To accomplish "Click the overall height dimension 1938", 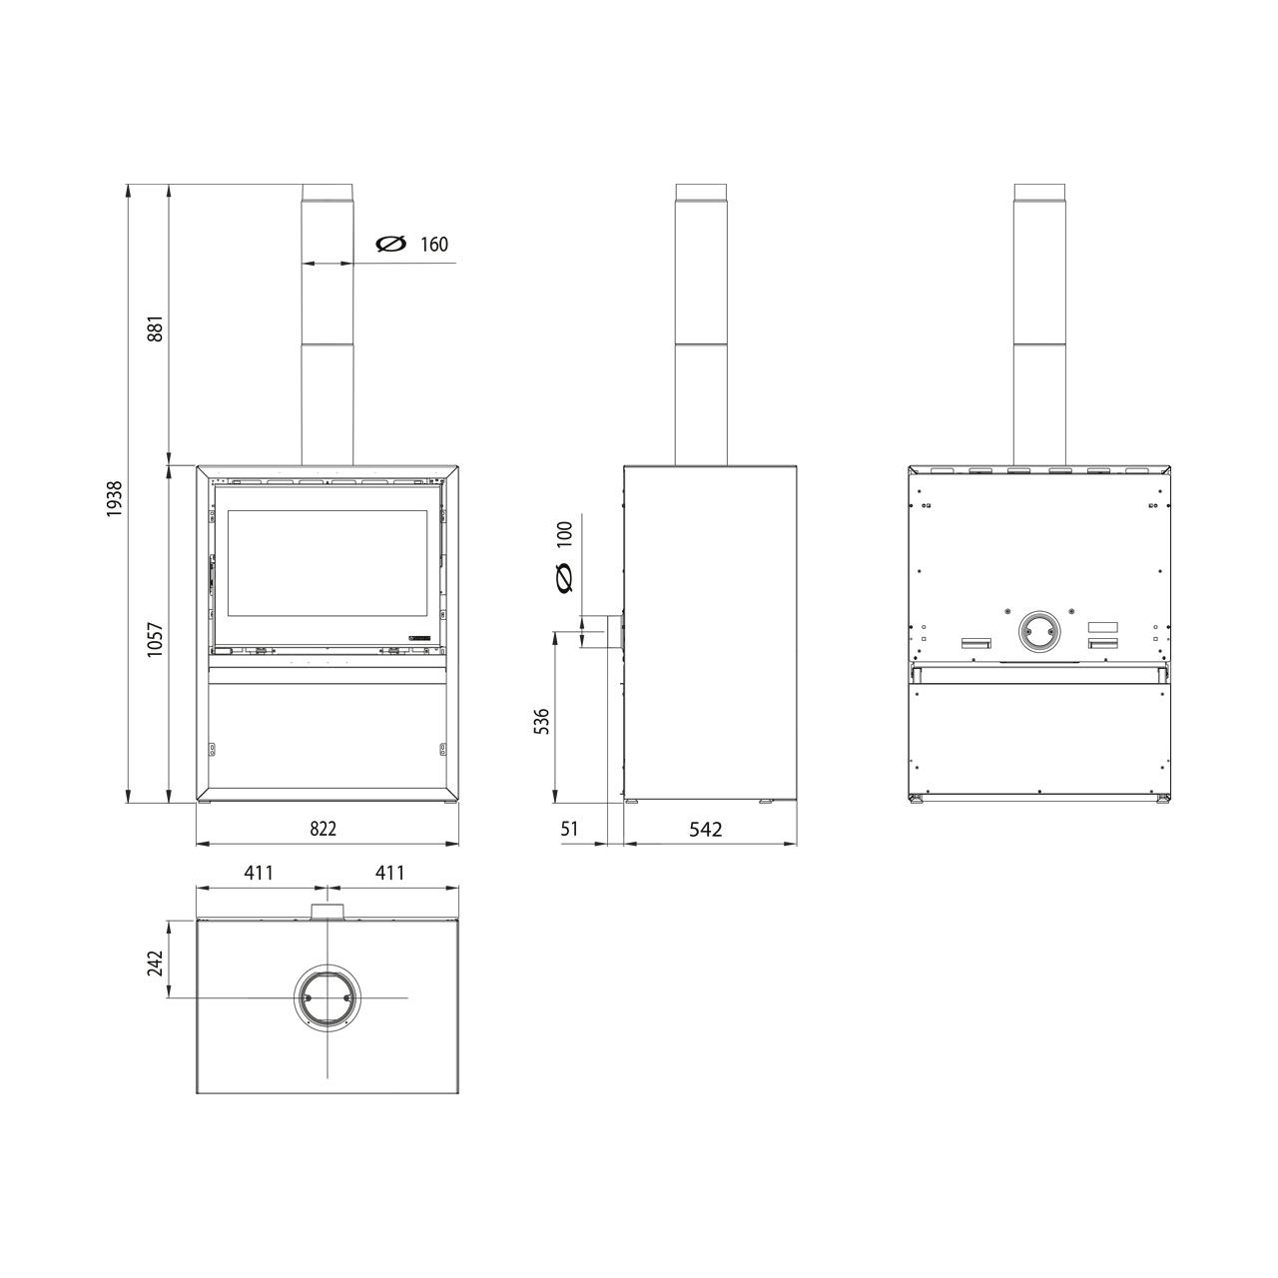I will click(x=115, y=497).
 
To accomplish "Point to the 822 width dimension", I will click(x=322, y=828).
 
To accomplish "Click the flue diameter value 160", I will click(x=434, y=245).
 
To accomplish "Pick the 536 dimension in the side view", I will click(x=540, y=722).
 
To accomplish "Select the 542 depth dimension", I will click(x=706, y=829).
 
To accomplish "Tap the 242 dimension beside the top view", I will click(x=155, y=962).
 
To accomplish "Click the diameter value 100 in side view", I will click(x=565, y=534).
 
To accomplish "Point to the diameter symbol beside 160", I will click(x=389, y=245).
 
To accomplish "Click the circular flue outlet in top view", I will click(x=325, y=997).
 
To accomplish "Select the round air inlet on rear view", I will click(x=1039, y=632).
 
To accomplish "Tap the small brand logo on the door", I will click(x=417, y=636).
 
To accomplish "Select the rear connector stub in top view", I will click(x=325, y=912).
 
